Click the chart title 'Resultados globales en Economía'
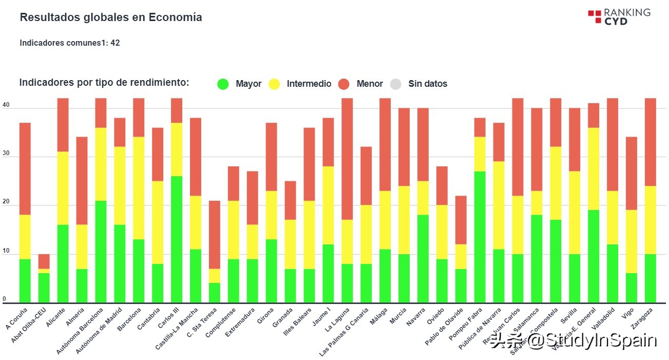click(x=110, y=17)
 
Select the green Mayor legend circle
click(x=223, y=84)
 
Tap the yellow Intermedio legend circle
click(x=275, y=84)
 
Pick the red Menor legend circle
click(x=344, y=84)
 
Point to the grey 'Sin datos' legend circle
click(x=395, y=84)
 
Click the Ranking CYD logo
click(x=619, y=16)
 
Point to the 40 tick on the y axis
click(x=6, y=105)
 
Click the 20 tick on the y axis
click(x=6, y=203)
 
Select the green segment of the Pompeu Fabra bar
click(x=480, y=237)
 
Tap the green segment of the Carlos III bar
click(x=176, y=239)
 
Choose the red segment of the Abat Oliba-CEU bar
click(x=44, y=261)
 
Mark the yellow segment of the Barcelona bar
click(x=139, y=188)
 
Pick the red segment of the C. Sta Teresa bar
click(x=214, y=234)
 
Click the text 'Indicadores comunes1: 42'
click(x=70, y=43)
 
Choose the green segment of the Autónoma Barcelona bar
click(x=101, y=252)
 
